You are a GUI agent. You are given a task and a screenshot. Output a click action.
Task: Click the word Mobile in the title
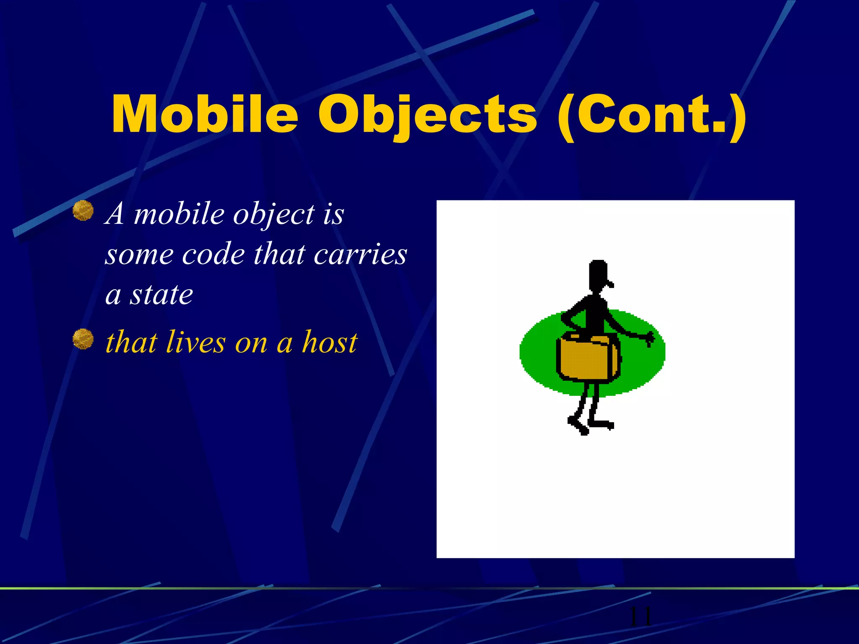pyautogui.click(x=205, y=114)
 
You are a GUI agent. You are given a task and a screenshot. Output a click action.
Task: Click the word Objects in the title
pyautogui.click(x=427, y=114)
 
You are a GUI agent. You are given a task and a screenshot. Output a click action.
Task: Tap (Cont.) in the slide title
pyautogui.click(x=651, y=114)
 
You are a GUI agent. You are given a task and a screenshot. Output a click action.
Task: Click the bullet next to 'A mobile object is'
pyautogui.click(x=83, y=210)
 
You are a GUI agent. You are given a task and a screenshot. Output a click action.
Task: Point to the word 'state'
pyautogui.click(x=161, y=295)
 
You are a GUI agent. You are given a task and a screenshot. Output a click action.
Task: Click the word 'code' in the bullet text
pyautogui.click(x=213, y=254)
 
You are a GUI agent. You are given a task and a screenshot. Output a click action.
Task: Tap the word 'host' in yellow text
pyautogui.click(x=330, y=342)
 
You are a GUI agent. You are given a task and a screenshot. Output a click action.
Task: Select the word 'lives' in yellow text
pyautogui.click(x=195, y=342)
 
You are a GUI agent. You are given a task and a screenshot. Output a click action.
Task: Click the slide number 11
pyautogui.click(x=640, y=616)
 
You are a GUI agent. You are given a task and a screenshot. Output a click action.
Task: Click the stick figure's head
pyautogui.click(x=598, y=275)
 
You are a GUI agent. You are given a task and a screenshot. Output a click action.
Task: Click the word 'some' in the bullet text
pyautogui.click(x=139, y=254)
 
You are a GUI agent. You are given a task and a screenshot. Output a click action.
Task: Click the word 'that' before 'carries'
pyautogui.click(x=279, y=254)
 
